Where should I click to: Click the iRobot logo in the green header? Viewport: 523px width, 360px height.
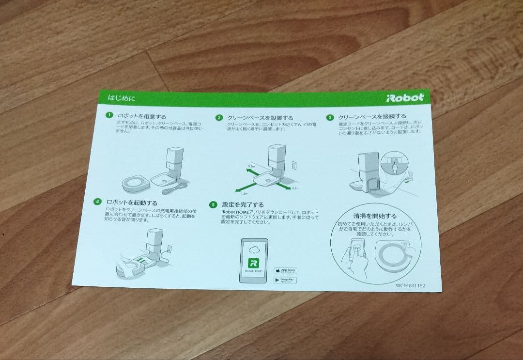point(405,97)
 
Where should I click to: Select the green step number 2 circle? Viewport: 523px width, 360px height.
point(219,118)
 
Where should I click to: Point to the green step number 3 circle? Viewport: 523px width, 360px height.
point(330,117)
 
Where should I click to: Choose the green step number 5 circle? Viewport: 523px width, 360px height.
point(213,204)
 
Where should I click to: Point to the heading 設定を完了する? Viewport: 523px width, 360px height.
point(243,204)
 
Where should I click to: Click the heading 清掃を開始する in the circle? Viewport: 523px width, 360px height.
point(375,216)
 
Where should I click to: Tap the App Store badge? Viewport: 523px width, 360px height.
point(285,270)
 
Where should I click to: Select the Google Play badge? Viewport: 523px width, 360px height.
point(285,280)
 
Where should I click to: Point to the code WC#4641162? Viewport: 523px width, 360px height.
point(410,285)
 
